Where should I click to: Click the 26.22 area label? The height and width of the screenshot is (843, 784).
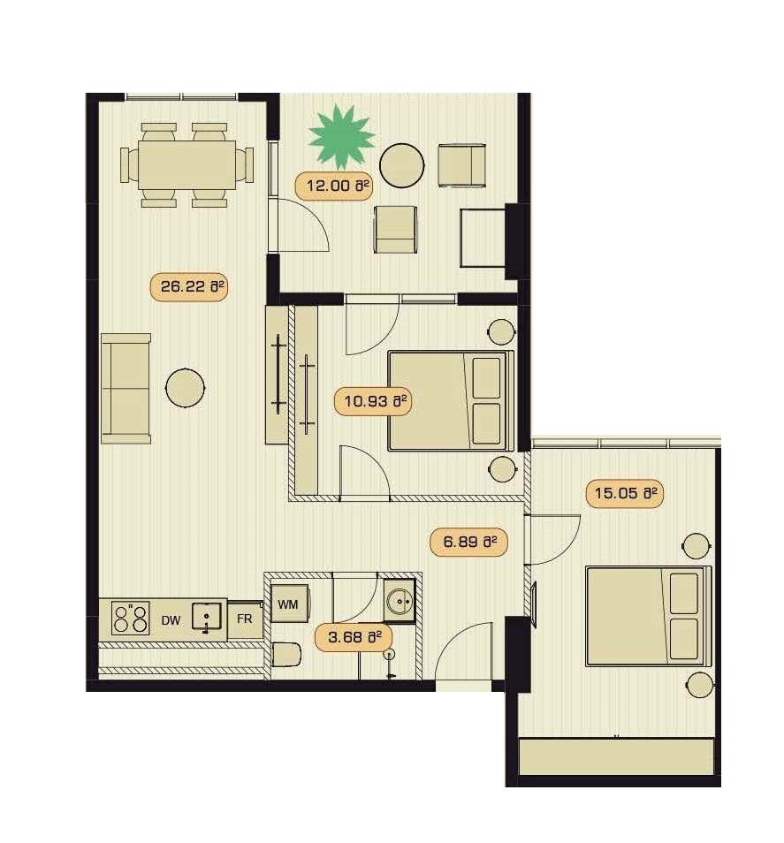tap(188, 287)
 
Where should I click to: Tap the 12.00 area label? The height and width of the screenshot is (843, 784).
tap(334, 186)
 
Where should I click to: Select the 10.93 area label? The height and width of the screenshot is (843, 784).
tap(373, 401)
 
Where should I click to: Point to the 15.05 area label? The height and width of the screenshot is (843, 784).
tap(624, 493)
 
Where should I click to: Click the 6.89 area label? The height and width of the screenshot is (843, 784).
tap(468, 542)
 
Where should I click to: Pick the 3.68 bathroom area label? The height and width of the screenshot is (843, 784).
tap(354, 638)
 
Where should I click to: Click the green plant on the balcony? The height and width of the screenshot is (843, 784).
tap(341, 137)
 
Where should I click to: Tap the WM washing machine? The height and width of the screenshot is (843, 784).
tap(289, 604)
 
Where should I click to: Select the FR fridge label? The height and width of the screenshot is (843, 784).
tap(245, 619)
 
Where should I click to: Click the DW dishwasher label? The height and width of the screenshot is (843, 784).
tap(171, 620)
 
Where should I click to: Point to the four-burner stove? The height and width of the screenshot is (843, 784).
tap(130, 618)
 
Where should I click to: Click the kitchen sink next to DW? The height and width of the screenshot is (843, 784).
tap(207, 617)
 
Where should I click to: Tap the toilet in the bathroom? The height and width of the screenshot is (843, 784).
tap(285, 654)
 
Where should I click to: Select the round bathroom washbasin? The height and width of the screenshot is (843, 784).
tap(400, 599)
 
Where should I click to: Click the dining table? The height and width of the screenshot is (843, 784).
tap(186, 164)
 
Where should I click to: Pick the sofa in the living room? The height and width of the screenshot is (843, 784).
tap(126, 389)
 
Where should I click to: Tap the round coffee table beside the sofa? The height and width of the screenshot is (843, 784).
tap(185, 388)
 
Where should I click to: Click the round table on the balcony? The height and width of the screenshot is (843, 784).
tap(401, 165)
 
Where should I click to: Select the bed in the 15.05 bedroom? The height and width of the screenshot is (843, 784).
tap(649, 616)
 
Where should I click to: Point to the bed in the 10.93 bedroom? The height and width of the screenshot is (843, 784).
tap(451, 401)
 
